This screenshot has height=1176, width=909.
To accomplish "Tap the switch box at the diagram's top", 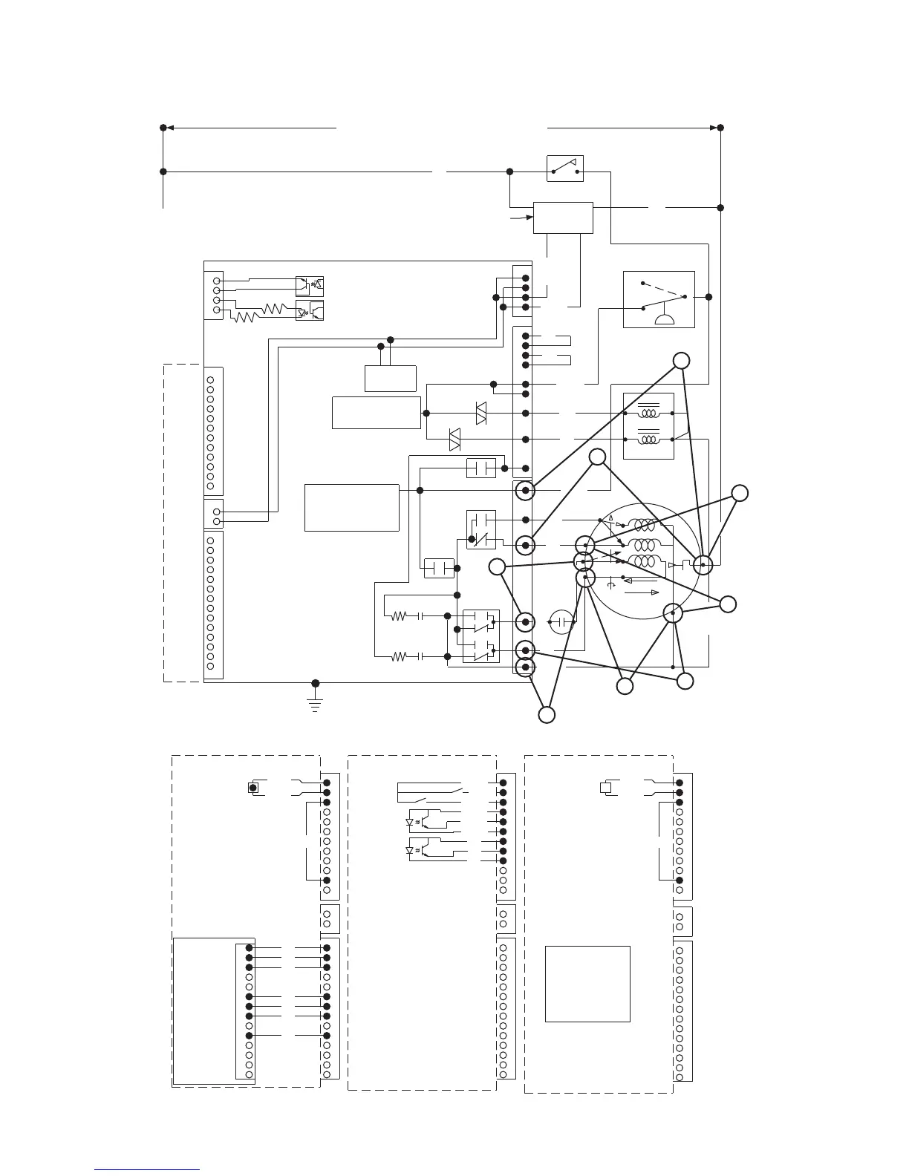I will [x=564, y=169].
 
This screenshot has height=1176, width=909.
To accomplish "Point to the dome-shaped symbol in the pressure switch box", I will [x=663, y=319].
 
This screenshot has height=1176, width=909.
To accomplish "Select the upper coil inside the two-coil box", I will [x=649, y=413].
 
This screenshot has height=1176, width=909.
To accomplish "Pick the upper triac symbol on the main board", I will [x=480, y=413].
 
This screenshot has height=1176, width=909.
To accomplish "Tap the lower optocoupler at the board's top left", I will [x=309, y=311].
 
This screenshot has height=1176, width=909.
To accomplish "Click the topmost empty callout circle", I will [x=681, y=361].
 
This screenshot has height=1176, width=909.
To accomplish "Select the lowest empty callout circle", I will [x=547, y=715].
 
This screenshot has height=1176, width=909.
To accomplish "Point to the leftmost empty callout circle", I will [x=497, y=567].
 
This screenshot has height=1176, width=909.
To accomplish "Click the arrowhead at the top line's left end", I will [x=169, y=128].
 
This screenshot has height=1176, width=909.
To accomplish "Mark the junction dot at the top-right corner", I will [x=720, y=128].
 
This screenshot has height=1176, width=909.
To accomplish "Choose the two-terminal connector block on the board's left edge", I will [x=213, y=512].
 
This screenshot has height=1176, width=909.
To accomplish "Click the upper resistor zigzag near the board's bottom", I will [x=400, y=615].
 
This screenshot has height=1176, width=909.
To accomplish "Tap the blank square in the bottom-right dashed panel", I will [x=587, y=984].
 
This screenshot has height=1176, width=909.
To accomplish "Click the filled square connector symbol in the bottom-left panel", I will [x=253, y=787].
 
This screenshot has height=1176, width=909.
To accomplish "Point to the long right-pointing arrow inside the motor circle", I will [x=643, y=592].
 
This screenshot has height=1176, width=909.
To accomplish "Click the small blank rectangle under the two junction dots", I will [x=390, y=379].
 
